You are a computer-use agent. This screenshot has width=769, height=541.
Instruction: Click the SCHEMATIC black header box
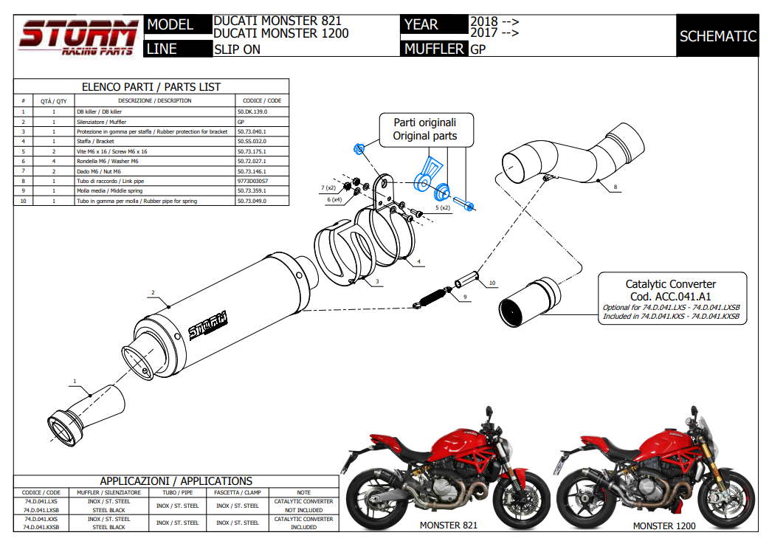(717, 36)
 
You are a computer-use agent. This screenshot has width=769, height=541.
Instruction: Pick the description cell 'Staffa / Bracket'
(95, 141)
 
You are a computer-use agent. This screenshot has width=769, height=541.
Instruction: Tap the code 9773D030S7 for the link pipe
(252, 181)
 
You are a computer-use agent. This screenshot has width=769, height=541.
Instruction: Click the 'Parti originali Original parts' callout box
(424, 129)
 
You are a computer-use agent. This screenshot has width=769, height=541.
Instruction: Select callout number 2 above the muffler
(153, 293)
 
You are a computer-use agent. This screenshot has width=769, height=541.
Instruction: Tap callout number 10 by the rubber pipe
(493, 283)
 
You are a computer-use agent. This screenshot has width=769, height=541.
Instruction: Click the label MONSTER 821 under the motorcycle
(448, 526)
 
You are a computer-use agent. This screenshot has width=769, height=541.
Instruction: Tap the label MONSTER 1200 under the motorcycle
(663, 526)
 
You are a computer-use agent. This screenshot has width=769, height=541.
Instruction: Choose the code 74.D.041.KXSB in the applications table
(42, 528)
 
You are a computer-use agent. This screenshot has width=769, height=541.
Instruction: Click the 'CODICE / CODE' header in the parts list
(262, 100)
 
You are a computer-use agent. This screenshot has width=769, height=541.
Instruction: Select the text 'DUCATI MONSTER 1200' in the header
(280, 33)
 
